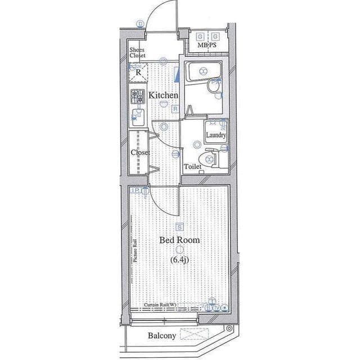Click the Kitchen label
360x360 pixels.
pyautogui.click(x=163, y=96)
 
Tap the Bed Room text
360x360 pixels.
pyautogui.click(x=179, y=240)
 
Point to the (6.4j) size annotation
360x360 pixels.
pyautogui.click(x=180, y=260)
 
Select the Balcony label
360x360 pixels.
pyautogui.click(x=162, y=336)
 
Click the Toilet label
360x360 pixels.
pyautogui.click(x=192, y=166)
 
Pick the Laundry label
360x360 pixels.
pyautogui.click(x=216, y=136)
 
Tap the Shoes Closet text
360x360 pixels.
pyautogui.click(x=137, y=52)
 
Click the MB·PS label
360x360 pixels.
pyautogui.click(x=207, y=44)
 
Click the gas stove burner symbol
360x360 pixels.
pyautogui.click(x=137, y=96)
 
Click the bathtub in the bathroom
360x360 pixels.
pyautogui.click(x=204, y=71)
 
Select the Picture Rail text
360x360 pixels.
pyautogui.click(x=135, y=251)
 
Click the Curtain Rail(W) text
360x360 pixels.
pyautogui.click(x=160, y=304)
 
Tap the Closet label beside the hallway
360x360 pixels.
pyautogui.click(x=140, y=152)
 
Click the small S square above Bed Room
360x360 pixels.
pyautogui.click(x=179, y=227)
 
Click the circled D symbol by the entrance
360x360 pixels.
pyautogui.click(x=139, y=24)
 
